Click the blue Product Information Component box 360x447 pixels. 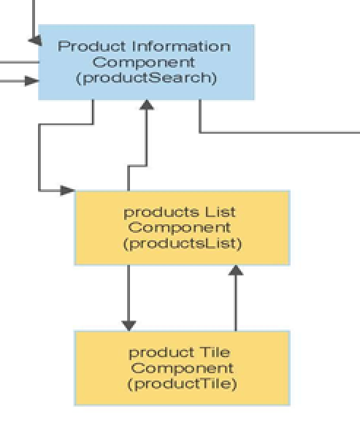(x=146, y=62)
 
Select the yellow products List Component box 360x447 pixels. (x=183, y=228)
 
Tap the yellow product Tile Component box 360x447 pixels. (x=183, y=368)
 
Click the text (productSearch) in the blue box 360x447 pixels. (x=146, y=78)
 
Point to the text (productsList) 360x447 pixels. (x=183, y=244)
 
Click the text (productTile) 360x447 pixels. (x=183, y=383)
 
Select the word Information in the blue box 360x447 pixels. (x=181, y=46)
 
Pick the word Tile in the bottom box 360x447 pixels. (x=215, y=352)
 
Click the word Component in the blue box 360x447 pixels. (x=144, y=62)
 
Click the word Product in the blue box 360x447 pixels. (x=92, y=46)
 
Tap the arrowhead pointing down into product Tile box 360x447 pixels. (x=129, y=326)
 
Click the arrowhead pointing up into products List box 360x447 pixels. (x=236, y=270)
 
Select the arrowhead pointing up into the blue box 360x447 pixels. (x=147, y=104)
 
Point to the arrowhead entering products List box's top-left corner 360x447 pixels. (x=68, y=191)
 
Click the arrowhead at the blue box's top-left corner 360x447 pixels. (x=35, y=41)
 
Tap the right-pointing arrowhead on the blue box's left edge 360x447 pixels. (x=31, y=81)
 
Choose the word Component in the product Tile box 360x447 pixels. (x=183, y=368)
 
